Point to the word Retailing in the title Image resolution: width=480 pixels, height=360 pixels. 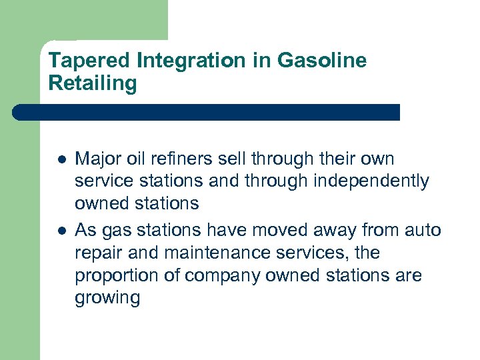[x=93, y=83]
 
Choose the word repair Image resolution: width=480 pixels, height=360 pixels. [x=97, y=254]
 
